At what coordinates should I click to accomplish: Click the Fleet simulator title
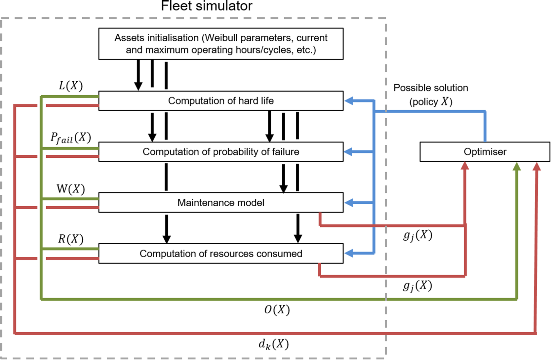click(207, 6)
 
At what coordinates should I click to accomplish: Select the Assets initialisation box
click(221, 44)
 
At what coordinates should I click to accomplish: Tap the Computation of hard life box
click(221, 101)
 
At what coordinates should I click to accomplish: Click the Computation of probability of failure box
click(221, 152)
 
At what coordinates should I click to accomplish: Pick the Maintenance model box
click(221, 203)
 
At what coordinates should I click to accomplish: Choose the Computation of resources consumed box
click(221, 254)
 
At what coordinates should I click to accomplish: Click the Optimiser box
click(485, 152)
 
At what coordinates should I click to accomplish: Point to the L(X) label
click(71, 86)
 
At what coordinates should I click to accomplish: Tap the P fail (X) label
click(71, 138)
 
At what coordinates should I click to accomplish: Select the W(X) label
click(71, 189)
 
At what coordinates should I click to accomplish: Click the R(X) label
click(71, 239)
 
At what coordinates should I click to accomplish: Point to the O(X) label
click(277, 310)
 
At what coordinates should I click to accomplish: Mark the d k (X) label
click(274, 344)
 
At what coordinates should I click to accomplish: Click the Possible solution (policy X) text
click(431, 95)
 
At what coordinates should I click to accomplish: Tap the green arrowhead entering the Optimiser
click(517, 166)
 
